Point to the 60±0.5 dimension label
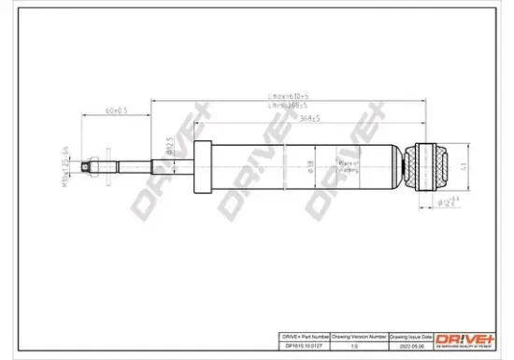coord(116,113)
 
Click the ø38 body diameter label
coord(311,169)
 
